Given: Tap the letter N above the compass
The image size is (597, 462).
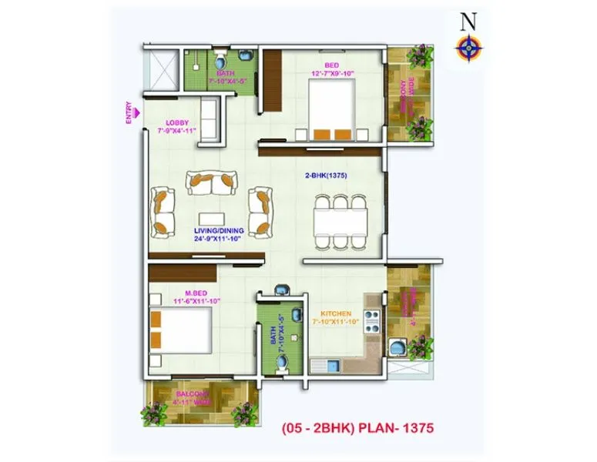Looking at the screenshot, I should [468, 21].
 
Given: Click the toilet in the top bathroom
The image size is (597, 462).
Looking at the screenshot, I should [220, 59].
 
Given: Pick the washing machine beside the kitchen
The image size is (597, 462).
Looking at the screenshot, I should [397, 349].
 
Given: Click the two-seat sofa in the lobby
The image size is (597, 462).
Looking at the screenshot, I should [209, 115].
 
